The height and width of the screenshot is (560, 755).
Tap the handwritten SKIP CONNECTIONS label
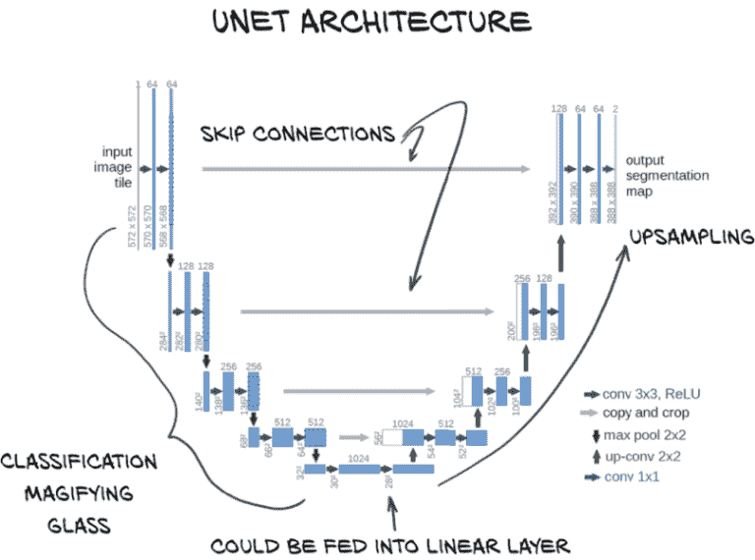click(297, 132)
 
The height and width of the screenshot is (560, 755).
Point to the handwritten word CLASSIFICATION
click(79, 462)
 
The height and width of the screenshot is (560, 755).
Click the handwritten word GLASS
click(79, 525)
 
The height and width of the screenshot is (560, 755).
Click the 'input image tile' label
click(117, 167)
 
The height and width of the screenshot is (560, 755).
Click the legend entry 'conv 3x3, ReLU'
click(654, 394)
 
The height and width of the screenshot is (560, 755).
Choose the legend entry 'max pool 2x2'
click(650, 435)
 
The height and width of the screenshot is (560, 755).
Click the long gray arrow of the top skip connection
click(364, 169)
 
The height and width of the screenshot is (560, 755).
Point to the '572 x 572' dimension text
click(133, 227)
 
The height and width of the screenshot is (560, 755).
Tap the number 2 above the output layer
click(615, 108)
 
